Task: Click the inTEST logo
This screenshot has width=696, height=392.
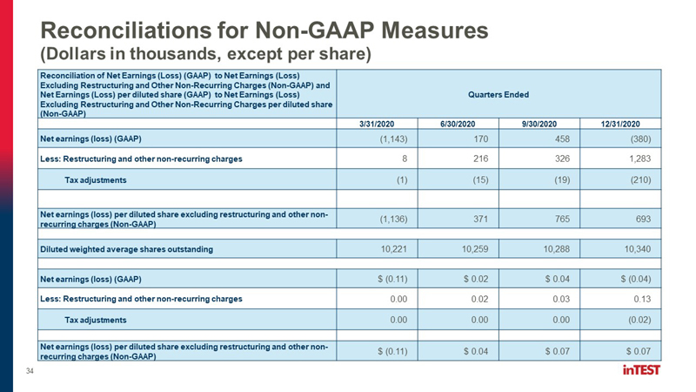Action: coord(641,369)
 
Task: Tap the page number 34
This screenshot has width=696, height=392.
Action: coord(30,371)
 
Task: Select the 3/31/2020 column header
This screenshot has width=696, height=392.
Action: coord(377,124)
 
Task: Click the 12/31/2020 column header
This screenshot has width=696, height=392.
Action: coord(620,124)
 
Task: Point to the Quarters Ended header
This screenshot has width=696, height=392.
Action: coord(499,95)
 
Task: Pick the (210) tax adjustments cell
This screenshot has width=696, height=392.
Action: coord(639,180)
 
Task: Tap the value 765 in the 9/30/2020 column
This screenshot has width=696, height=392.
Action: coord(562,219)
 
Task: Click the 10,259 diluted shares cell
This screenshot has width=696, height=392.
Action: coord(475,249)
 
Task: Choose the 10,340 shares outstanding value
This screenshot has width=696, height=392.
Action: coord(638,249)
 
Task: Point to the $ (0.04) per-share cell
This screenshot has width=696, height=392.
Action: coord(636,279)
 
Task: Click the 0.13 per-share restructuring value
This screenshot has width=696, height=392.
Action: coord(642,299)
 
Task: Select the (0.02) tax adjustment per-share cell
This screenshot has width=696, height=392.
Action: coord(639,320)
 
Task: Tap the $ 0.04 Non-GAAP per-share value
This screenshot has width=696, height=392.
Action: coord(476,351)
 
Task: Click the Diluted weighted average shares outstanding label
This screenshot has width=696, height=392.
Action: coord(126,249)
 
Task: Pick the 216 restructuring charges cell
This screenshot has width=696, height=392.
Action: coord(480,159)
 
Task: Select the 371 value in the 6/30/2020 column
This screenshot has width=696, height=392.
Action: coord(480,219)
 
